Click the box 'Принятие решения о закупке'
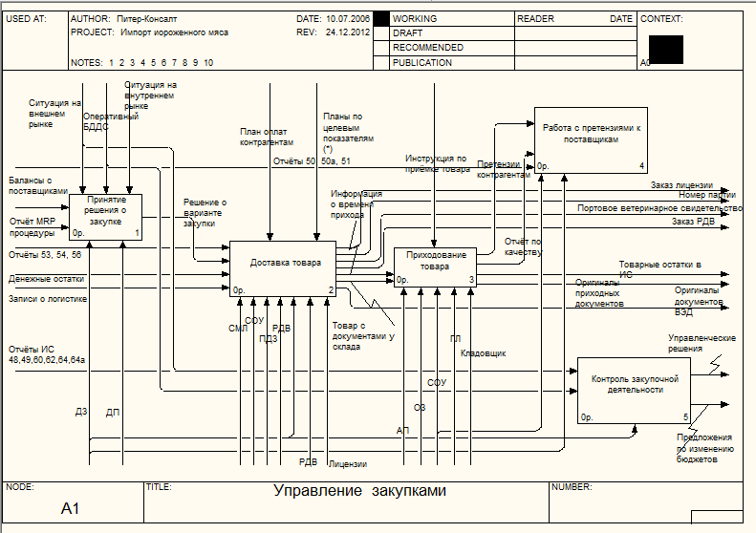pyautogui.click(x=106, y=216)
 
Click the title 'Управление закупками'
pyautogui.click(x=359, y=491)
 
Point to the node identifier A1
pyautogui.click(x=71, y=508)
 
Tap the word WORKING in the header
pyautogui.click(x=415, y=18)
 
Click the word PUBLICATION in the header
pyautogui.click(x=421, y=62)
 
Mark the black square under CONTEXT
pyautogui.click(x=665, y=50)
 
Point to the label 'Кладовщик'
pyautogui.click(x=483, y=353)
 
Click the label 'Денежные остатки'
pyautogui.click(x=47, y=279)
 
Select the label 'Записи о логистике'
pyautogui.click(x=48, y=298)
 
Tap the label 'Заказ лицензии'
pyautogui.click(x=681, y=184)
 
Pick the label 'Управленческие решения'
pyautogui.click(x=701, y=343)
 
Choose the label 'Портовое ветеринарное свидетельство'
pyautogui.click(x=659, y=207)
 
